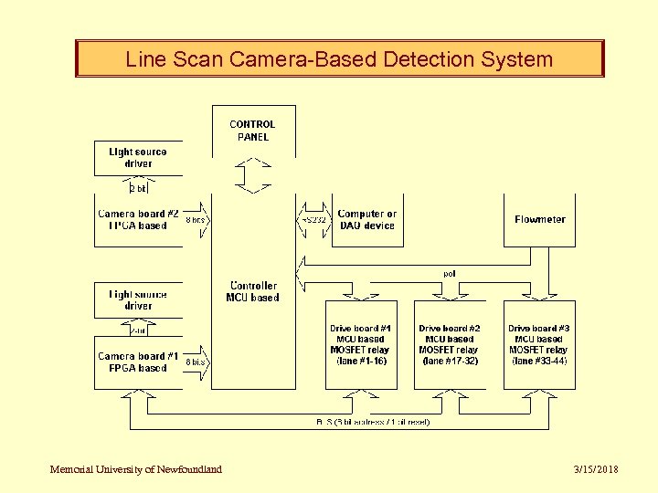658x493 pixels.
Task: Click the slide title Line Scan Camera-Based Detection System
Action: [x=339, y=59]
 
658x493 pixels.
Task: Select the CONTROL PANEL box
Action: [x=253, y=131]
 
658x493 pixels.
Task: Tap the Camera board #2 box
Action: [x=138, y=220]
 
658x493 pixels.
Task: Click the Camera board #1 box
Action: [x=138, y=362]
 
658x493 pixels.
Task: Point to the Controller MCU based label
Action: [x=253, y=291]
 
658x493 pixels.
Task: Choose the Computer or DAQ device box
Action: [x=366, y=220]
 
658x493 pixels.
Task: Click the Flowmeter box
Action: [x=539, y=220]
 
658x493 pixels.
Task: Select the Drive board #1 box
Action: [x=361, y=344]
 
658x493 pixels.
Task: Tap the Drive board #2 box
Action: [x=450, y=344]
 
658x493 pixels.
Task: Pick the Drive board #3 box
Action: [x=539, y=344]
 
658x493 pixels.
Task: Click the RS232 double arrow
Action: [x=313, y=220]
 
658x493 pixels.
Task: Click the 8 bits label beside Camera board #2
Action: [x=196, y=220]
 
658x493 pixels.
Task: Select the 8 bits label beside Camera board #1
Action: [x=196, y=362]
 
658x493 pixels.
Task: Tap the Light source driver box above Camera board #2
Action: [x=138, y=157]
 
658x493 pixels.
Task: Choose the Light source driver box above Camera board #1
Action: [x=138, y=300]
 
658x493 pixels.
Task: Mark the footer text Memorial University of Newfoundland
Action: [x=136, y=469]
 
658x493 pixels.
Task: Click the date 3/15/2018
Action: [x=596, y=469]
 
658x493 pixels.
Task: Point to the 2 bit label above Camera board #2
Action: [x=137, y=188]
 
